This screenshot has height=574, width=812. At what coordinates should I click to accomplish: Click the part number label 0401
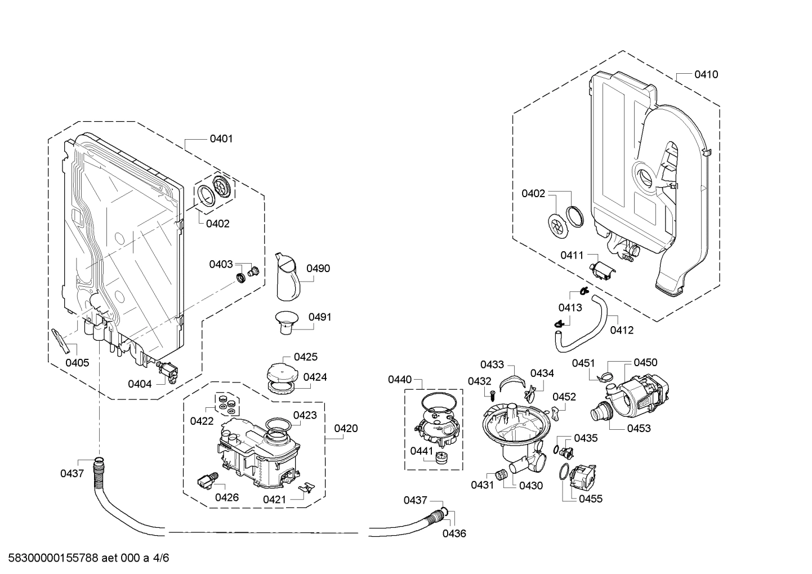(221, 139)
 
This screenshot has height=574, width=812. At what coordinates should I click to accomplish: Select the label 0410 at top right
(706, 74)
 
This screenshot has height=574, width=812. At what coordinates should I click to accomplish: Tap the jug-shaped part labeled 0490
(288, 277)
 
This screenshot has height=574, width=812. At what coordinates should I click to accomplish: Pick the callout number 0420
(346, 429)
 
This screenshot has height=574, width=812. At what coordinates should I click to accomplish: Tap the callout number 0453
(639, 428)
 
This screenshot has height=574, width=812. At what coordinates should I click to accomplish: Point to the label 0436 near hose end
(454, 533)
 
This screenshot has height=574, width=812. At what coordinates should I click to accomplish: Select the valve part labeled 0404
(167, 371)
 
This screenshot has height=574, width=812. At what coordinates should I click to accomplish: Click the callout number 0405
(77, 363)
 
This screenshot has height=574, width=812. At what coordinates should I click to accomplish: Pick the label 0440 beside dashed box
(400, 380)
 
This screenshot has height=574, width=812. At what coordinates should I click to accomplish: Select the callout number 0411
(572, 255)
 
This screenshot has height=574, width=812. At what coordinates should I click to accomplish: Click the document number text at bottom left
(85, 558)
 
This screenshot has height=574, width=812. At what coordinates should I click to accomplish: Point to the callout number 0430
(531, 485)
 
